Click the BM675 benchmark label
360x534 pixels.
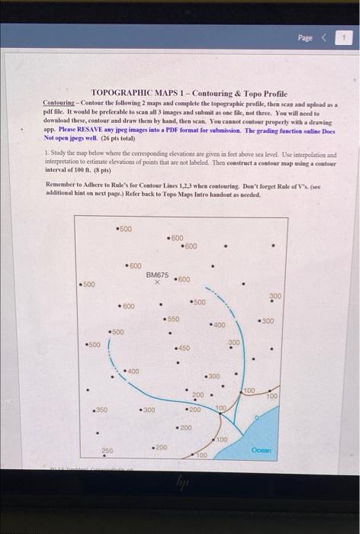pyautogui.click(x=157, y=274)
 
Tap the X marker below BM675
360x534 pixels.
pyautogui.click(x=156, y=281)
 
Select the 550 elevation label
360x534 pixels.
pyautogui.click(x=172, y=318)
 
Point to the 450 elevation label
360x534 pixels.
pyautogui.click(x=183, y=348)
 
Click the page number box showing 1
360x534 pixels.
pyautogui.click(x=345, y=36)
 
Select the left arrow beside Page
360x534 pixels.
pyautogui.click(x=327, y=36)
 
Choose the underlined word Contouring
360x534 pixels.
pyautogui.click(x=59, y=101)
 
